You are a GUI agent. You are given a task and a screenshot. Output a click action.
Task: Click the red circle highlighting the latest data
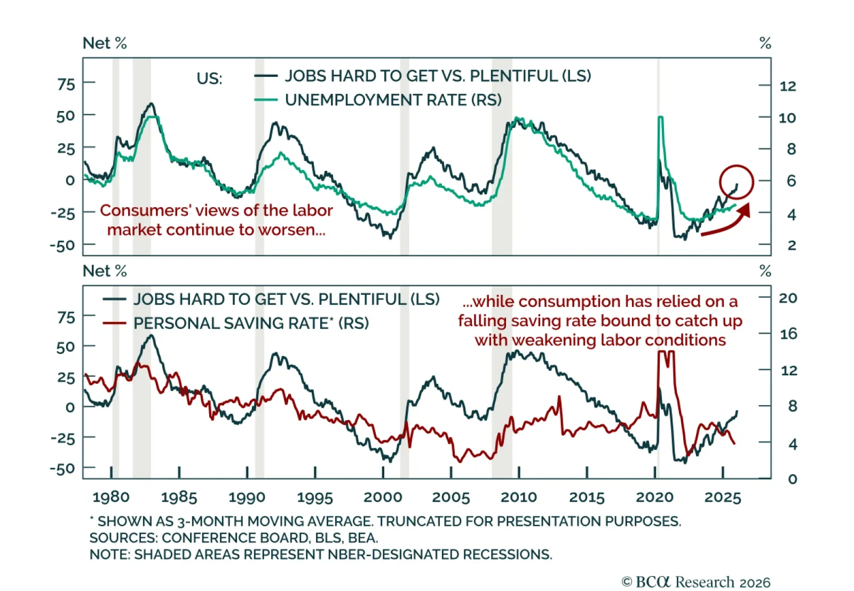pos(736,182)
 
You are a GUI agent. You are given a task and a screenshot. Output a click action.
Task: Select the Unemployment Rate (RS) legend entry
pos(393,100)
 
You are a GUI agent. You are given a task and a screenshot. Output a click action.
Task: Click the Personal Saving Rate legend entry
pos(251,323)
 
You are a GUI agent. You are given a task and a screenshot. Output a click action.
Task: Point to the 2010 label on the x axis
pos(519,498)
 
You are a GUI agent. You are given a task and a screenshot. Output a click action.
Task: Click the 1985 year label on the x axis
pos(179,498)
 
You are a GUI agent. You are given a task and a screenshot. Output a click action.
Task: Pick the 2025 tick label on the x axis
pos(723,498)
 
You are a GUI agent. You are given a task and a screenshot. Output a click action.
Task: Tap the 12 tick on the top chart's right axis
pos(787,86)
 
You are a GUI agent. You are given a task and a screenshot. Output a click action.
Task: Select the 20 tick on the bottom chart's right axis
pos(788,298)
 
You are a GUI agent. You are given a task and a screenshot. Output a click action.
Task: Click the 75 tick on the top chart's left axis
pos(66,84)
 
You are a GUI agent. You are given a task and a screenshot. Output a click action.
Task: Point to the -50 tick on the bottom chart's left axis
pos(62,469)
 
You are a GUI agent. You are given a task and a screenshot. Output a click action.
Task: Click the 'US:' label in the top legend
pos(209,78)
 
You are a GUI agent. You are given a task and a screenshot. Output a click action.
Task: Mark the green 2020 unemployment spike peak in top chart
pos(661,117)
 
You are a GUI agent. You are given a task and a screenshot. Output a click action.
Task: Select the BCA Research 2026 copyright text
pos(696,581)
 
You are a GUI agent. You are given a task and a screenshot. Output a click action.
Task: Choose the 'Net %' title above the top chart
pos(105,43)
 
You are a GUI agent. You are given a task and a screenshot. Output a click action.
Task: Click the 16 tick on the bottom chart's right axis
pos(788,334)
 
